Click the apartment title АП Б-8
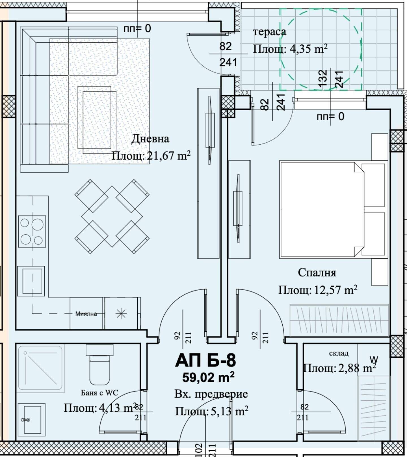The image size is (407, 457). pyautogui.click(x=205, y=361)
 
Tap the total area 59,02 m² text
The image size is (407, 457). pyautogui.click(x=208, y=377)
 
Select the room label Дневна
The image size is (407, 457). pyautogui.click(x=150, y=139)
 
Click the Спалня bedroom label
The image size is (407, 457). pyautogui.click(x=317, y=273)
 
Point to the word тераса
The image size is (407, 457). pyautogui.click(x=270, y=32)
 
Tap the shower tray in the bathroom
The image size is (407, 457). pyautogui.click(x=40, y=368)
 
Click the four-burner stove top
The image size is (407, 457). pyautogui.click(x=32, y=231)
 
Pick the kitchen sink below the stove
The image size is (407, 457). pyautogui.click(x=31, y=281)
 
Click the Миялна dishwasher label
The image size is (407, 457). pyautogui.click(x=86, y=314)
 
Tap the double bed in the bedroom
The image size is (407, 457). pyautogui.click(x=334, y=210)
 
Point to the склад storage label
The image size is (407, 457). pyautogui.click(x=339, y=353)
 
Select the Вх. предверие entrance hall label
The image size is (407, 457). pyautogui.click(x=211, y=394)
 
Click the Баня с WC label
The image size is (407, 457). pyautogui.click(x=99, y=393)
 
